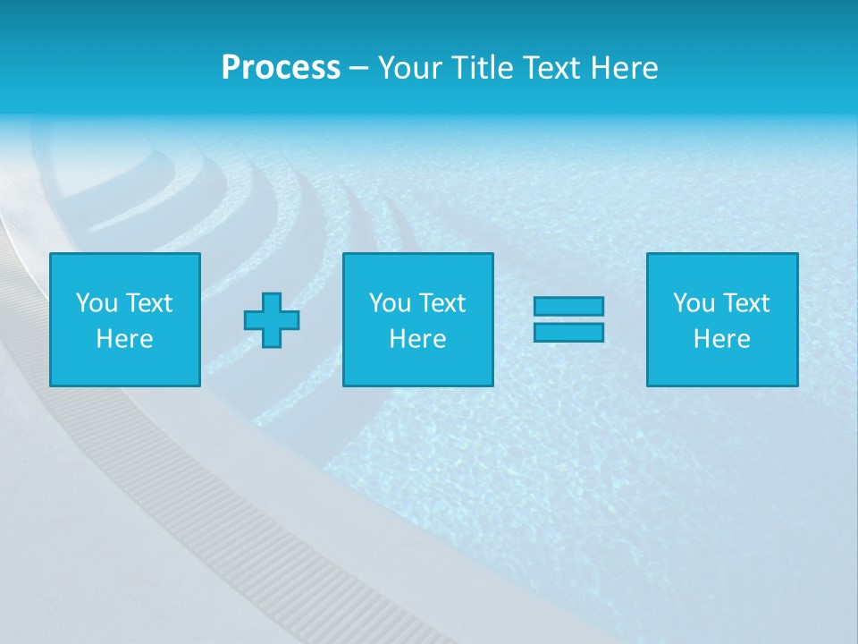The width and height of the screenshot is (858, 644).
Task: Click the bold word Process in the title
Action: (x=281, y=68)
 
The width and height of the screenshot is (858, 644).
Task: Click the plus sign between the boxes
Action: (x=272, y=320)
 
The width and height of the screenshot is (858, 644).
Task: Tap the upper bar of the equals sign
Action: (x=568, y=306)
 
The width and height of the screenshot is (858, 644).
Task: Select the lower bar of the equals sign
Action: (x=568, y=333)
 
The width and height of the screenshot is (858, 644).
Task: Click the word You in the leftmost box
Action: (x=97, y=303)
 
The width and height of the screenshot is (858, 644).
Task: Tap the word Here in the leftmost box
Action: (x=125, y=339)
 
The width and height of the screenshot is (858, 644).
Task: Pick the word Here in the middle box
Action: (x=418, y=339)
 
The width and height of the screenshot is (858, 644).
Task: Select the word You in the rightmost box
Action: (x=694, y=303)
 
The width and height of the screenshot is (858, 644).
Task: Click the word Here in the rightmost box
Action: (x=722, y=339)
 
